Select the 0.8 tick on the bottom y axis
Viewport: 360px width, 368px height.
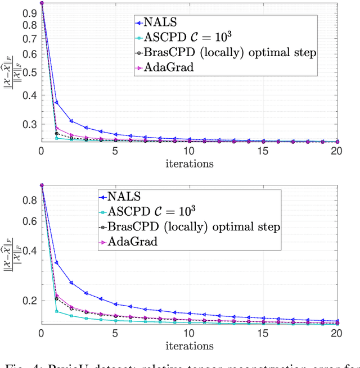tap(30, 200)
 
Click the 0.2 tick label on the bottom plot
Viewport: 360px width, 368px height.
tap(30, 300)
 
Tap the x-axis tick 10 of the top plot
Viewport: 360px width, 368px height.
tap(189, 152)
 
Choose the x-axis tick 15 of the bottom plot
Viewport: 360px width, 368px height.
tap(263, 334)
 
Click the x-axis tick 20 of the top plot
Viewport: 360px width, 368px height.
tap(337, 152)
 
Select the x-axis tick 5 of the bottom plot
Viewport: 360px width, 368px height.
tap(115, 334)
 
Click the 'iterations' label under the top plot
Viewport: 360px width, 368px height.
tap(189, 163)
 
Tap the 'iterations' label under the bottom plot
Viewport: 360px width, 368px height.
tap(189, 346)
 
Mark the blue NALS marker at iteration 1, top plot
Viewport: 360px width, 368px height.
tap(56, 103)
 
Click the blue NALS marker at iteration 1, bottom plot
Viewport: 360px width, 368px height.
tap(56, 262)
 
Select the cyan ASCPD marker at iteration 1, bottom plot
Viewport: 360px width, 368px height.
tap(56, 311)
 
